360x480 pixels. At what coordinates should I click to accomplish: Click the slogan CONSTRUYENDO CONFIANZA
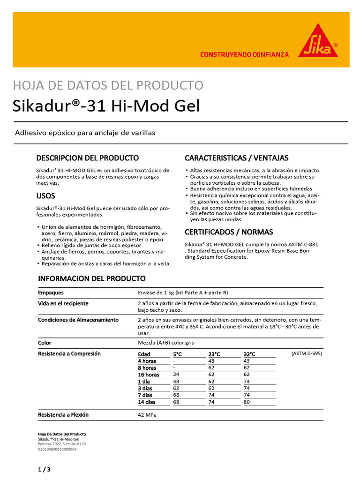coord(244,55)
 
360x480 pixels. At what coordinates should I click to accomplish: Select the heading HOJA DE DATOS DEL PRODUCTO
coord(108,85)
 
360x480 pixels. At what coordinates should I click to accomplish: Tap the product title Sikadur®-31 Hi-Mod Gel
coord(106,106)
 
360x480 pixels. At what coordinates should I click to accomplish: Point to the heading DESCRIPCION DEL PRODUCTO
coord(88,158)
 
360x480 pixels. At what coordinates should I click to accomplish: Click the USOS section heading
coord(46,196)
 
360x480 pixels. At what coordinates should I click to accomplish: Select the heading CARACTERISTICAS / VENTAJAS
coord(236,158)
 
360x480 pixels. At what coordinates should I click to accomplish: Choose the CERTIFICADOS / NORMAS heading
coord(229,232)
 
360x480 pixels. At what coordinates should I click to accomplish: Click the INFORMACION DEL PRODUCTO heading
coord(92,278)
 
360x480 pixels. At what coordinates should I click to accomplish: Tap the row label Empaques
coord(51,293)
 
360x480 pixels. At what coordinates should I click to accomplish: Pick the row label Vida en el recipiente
coord(63,304)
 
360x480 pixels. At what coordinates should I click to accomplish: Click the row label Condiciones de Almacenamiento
coord(78,320)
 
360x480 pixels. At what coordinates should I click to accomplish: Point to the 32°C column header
coord(249,354)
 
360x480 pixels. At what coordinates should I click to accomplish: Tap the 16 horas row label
coord(148,375)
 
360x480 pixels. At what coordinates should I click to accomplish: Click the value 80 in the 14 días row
coord(247,402)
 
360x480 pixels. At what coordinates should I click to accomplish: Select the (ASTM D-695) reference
coord(307,353)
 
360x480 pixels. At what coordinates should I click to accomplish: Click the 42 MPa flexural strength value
coord(148,415)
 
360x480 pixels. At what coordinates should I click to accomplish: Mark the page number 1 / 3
coord(44,469)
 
